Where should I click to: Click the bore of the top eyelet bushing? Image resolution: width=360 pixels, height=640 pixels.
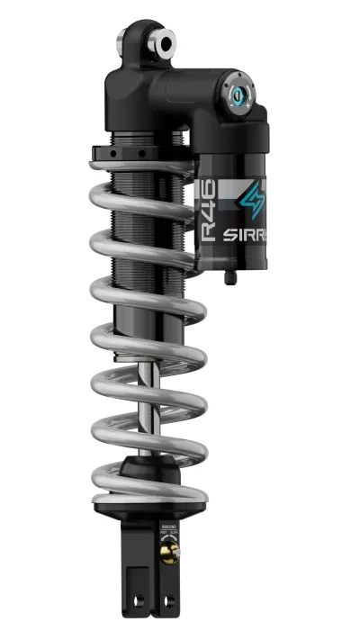pos(167,41)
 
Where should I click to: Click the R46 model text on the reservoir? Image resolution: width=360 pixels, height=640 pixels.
pos(208,216)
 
